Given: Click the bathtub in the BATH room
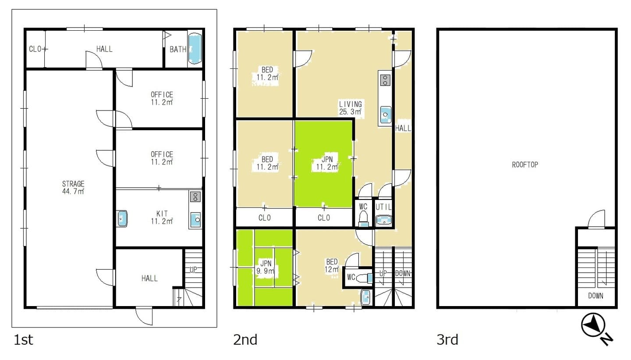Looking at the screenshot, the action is tap(195, 49).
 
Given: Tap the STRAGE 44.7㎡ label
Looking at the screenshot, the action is tap(73, 188).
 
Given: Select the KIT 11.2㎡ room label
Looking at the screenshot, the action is tap(162, 217).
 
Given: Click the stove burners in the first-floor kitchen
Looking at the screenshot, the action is tap(195, 196).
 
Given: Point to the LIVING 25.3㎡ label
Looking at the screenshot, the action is tap(351, 108).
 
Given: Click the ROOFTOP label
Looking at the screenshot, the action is tap(525, 164).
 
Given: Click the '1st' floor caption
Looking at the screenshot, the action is tap(23, 340).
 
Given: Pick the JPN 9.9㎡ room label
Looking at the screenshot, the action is tap(266, 267).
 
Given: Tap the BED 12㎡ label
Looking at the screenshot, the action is tap(332, 266).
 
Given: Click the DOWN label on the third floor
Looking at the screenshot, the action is tap(596, 296).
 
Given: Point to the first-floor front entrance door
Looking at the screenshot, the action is tap(144, 316).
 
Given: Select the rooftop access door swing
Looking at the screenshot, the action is tap(596, 219).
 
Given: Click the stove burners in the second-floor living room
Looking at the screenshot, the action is tap(385, 80).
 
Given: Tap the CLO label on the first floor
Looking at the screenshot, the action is tap(35, 49).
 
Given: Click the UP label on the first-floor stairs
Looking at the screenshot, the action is tap(193, 270).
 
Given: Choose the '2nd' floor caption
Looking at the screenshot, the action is tap(245, 340).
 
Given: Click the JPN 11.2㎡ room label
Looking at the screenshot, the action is tap(327, 163).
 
